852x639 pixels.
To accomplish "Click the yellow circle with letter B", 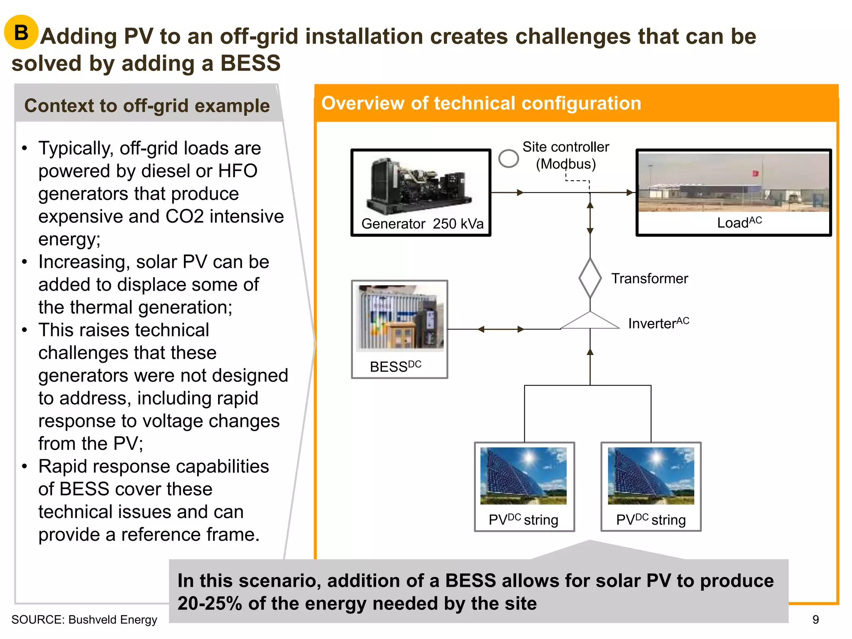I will [21, 32].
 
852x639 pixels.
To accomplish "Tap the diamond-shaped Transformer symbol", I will [590, 278].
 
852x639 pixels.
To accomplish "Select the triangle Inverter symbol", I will [590, 321].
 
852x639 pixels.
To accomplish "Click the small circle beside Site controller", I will [508, 159].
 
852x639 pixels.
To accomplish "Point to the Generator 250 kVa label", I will [422, 224].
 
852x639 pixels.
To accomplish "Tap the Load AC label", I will [739, 223].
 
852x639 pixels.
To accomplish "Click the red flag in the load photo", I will [755, 173].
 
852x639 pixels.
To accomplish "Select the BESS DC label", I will [395, 366].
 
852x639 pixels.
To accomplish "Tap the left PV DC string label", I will [523, 520].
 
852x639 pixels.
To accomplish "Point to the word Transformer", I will [649, 278].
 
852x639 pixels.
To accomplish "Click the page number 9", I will [815, 619].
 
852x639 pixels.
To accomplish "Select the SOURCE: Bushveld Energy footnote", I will [84, 619].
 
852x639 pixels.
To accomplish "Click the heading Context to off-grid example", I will [147, 106].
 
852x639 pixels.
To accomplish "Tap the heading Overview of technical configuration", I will [481, 103].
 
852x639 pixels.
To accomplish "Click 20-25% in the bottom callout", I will [210, 603].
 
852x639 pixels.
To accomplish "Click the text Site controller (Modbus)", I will [566, 155].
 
